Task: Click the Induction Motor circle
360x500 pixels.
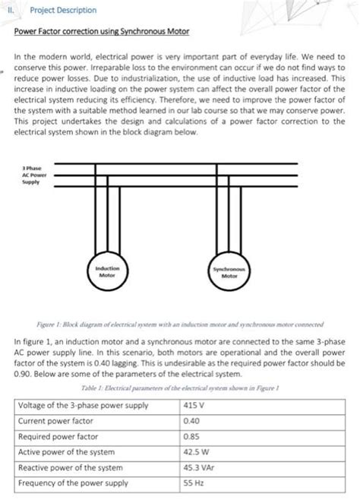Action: [108, 271]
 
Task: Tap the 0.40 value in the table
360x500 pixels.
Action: [191, 420]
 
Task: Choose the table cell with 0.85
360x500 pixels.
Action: [191, 437]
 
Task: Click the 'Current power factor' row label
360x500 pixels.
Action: [55, 420]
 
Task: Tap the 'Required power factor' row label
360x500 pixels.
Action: [58, 437]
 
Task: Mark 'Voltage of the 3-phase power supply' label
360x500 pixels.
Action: [83, 405]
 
